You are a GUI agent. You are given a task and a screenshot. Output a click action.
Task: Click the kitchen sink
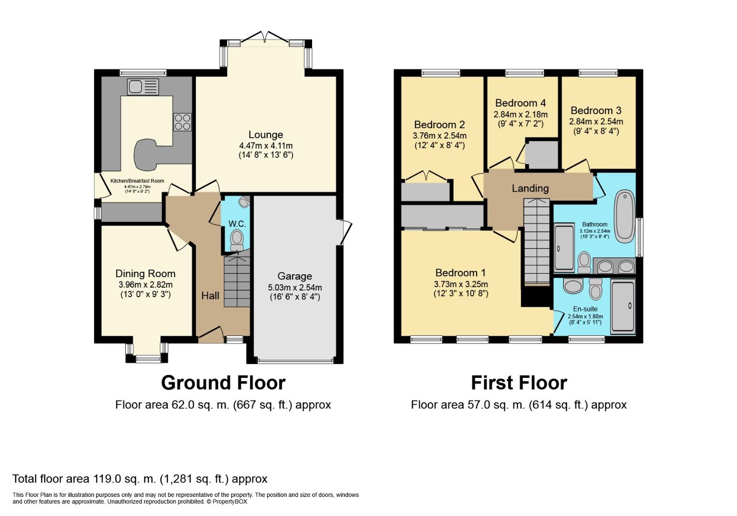(143, 87)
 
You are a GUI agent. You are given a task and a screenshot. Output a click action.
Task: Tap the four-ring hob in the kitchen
(183, 122)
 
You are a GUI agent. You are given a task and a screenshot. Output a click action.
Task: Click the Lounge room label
(266, 135)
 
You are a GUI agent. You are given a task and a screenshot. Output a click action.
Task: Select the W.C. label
(237, 224)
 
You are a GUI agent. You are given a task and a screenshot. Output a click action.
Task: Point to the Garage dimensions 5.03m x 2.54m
(295, 288)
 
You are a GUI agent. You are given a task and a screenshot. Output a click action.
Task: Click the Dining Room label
(145, 274)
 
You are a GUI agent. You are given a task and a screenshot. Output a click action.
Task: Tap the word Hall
(210, 296)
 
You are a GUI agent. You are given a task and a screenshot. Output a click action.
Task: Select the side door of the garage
(345, 232)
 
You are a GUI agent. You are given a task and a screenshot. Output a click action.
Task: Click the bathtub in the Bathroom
(625, 216)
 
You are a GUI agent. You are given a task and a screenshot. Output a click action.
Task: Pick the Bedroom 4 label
(520, 103)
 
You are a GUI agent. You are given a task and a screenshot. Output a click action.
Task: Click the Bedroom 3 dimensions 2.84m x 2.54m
(596, 121)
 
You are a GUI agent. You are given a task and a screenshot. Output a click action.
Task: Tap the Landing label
(531, 188)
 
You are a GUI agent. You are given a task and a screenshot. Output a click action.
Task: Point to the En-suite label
(585, 309)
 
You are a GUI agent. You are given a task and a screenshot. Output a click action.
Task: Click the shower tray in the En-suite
(623, 307)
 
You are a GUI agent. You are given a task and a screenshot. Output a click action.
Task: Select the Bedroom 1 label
(460, 273)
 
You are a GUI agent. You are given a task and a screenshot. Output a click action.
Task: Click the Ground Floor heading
(223, 383)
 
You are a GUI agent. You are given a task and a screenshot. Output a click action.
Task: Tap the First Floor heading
(519, 383)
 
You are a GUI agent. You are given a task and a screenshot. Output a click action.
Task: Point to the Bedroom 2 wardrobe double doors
(427, 176)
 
